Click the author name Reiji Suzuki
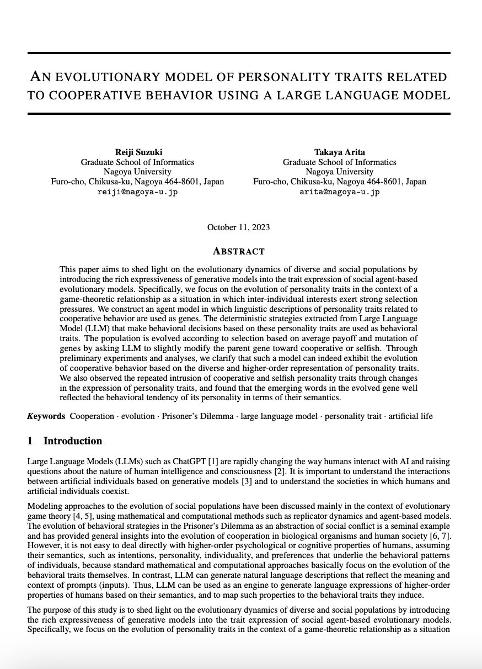point(137,152)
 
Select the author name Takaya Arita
point(339,152)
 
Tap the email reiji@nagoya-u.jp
point(137,192)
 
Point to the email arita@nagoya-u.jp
point(339,192)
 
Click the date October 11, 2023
point(238,227)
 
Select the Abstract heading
point(238,252)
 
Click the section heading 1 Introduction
point(65,441)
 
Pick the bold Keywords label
point(46,416)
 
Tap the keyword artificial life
point(410,416)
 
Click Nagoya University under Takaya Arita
point(339,172)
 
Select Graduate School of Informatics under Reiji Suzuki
point(137,162)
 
